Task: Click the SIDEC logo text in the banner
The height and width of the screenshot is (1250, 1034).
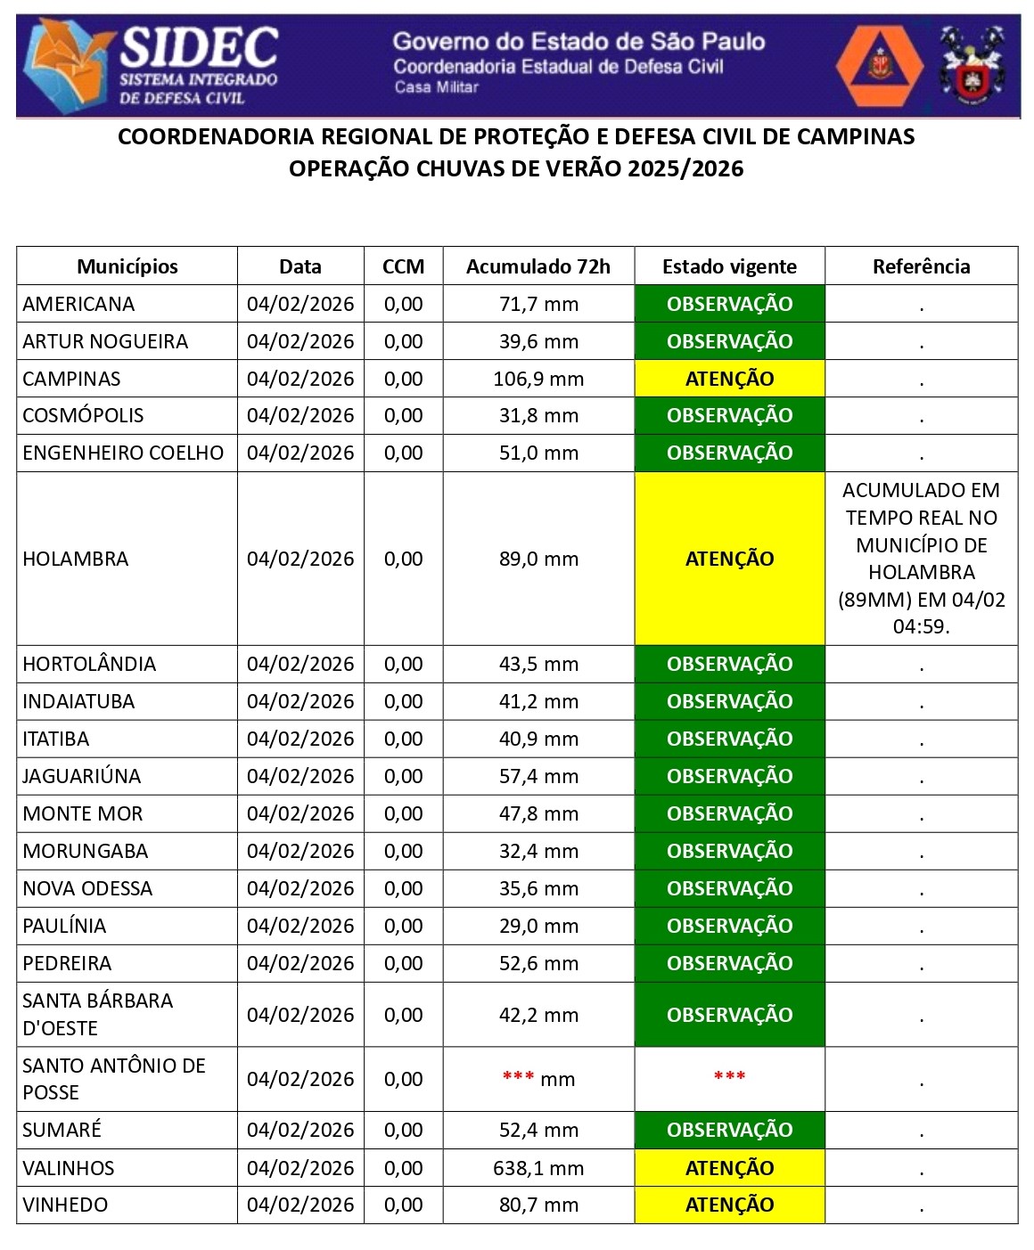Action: click(198, 48)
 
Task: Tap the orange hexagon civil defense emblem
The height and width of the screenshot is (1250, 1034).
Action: click(881, 66)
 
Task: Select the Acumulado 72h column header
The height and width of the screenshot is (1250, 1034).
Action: click(538, 266)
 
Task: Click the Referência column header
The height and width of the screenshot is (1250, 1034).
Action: click(921, 266)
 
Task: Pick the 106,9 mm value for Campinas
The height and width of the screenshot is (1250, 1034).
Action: click(538, 379)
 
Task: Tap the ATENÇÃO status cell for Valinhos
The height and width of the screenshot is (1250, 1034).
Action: click(729, 1168)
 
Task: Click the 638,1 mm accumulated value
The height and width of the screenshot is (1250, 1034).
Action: click(538, 1168)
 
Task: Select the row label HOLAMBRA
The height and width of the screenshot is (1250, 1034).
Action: click(76, 559)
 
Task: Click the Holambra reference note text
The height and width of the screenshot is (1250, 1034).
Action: click(921, 558)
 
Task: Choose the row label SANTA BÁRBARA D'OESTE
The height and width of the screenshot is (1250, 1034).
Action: click(97, 1014)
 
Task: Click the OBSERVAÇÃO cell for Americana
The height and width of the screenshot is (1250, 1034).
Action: click(729, 304)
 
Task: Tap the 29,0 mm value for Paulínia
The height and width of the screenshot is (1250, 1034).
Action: click(538, 926)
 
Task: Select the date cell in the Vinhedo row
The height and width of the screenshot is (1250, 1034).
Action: click(300, 1205)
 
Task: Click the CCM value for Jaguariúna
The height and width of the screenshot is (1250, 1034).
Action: click(403, 776)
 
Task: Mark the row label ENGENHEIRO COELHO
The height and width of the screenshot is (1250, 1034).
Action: click(123, 453)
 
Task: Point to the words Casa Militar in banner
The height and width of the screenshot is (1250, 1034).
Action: click(436, 87)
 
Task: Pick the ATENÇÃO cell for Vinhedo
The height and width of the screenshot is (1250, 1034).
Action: click(729, 1205)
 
